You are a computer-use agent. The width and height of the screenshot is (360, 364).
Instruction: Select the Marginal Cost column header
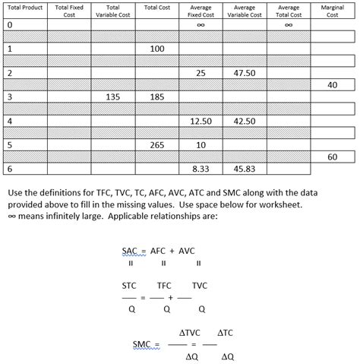pos(332,11)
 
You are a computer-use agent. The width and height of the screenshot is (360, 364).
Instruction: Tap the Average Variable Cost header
pos(245,11)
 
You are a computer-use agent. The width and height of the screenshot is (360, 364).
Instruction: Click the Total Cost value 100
pos(157,49)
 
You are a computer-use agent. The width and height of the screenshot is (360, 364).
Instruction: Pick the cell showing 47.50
pos(245,73)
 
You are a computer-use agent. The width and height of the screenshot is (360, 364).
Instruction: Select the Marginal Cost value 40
pos(332,85)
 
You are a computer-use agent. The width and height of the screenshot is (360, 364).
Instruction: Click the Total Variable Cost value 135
pos(113,97)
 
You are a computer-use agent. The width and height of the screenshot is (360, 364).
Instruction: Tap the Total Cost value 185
pos(157,97)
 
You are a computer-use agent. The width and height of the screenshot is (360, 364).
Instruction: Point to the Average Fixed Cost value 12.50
pos(201,121)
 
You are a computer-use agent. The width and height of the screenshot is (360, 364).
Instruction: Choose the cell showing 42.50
pos(245,121)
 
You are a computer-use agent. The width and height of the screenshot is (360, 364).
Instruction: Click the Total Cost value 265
pos(157,144)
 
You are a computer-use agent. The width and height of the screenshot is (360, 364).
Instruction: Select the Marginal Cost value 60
pos(332,157)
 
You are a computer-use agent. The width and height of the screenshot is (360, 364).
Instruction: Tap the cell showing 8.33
pos(201,169)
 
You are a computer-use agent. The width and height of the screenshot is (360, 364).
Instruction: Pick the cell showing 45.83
pos(245,169)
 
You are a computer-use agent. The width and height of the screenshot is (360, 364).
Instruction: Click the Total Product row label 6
pos(9,169)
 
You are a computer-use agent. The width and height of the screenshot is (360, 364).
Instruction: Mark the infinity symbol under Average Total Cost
pos(289,24)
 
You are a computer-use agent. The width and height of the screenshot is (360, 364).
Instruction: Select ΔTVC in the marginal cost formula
pos(189,334)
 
